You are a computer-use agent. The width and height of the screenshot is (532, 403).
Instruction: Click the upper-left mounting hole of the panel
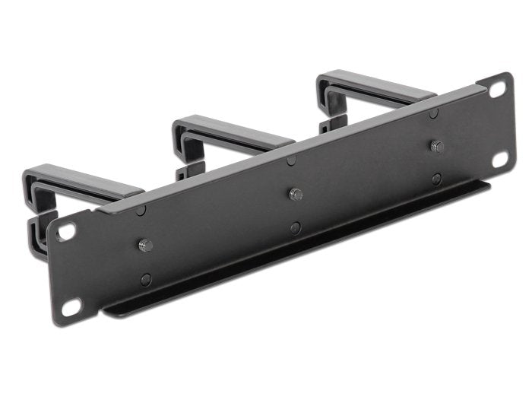click(66, 232)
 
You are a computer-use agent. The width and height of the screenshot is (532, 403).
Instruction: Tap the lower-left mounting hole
click(71, 306)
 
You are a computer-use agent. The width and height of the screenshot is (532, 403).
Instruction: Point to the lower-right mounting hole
click(499, 159)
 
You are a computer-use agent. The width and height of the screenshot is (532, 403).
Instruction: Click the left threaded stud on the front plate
click(145, 245)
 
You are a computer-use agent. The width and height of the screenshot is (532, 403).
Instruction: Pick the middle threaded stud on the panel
click(296, 194)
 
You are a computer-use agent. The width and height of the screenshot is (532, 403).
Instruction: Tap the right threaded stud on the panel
click(436, 146)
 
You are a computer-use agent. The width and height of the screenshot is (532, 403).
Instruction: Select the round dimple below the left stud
click(146, 279)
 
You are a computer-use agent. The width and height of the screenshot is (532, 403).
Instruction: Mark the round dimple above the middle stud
click(291, 160)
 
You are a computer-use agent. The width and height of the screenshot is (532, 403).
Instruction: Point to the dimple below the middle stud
click(296, 227)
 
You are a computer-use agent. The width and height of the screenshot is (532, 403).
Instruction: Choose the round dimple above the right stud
click(432, 113)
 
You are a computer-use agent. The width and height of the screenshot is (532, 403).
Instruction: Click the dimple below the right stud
click(437, 179)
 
